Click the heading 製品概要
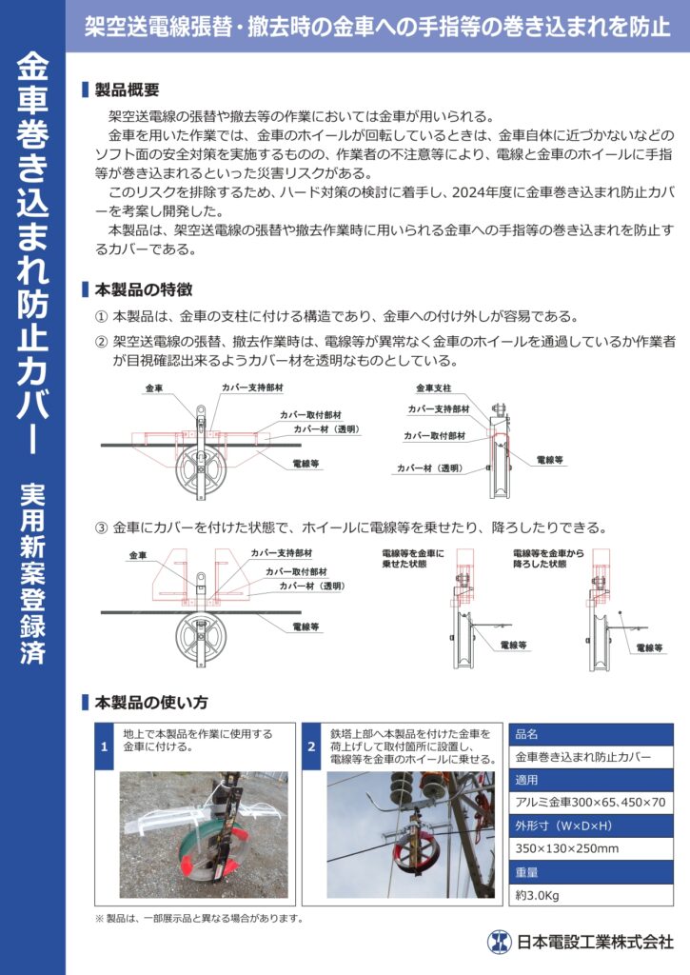point(127,90)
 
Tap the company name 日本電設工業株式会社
point(594,943)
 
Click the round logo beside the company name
point(500,943)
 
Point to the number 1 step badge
point(105,747)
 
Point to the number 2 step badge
point(311,747)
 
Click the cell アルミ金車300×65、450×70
point(591,803)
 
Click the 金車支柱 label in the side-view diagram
point(433,388)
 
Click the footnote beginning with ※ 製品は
point(198,918)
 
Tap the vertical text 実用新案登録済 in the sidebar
point(31,574)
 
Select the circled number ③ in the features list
point(101,527)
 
